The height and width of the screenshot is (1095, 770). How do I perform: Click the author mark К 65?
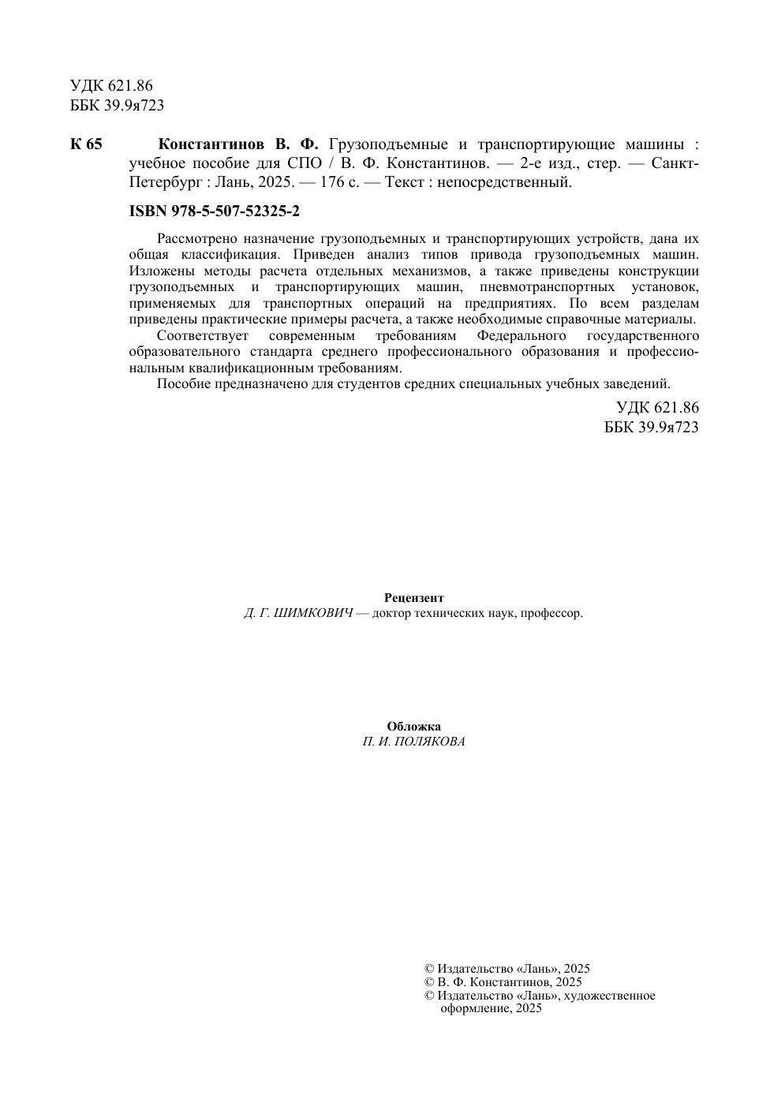[86, 144]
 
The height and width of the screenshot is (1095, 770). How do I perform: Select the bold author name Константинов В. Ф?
[238, 144]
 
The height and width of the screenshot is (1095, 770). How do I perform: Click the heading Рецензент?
[413, 598]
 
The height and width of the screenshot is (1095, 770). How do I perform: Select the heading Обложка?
[413, 727]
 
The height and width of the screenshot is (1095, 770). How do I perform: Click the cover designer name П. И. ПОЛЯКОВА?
[413, 742]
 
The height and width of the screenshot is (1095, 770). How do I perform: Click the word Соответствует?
[203, 335]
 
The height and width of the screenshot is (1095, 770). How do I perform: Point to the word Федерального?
[521, 335]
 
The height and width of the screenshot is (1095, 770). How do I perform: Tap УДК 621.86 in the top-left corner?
[111, 86]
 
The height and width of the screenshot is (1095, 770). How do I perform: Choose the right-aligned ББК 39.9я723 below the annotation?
[651, 427]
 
